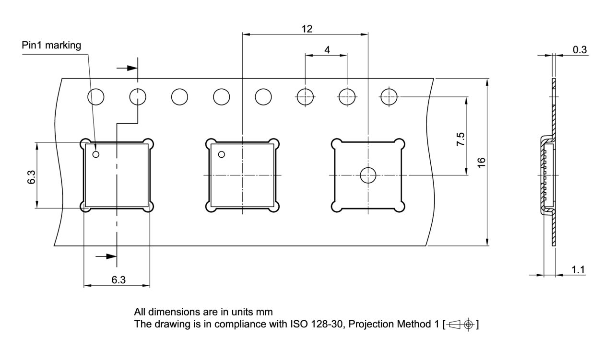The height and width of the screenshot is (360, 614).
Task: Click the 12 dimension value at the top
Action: (x=307, y=29)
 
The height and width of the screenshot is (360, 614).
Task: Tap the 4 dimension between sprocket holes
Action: (x=327, y=49)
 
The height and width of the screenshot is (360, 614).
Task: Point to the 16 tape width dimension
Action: (x=482, y=162)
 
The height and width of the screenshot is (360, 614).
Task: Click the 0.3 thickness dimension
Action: (x=580, y=50)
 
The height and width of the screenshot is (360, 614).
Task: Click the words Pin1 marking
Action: (x=52, y=46)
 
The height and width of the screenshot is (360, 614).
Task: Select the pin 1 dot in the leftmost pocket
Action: (x=96, y=154)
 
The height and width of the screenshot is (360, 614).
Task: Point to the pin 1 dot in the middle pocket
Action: (x=222, y=154)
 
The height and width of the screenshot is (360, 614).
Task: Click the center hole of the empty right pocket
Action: (x=368, y=175)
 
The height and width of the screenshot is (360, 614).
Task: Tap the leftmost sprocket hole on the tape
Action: (x=95, y=97)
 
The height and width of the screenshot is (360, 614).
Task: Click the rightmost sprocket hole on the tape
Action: (x=389, y=97)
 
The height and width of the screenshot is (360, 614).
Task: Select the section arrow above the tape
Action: (x=127, y=68)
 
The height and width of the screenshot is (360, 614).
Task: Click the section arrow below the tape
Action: (x=106, y=256)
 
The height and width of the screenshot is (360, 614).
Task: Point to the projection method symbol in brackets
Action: (x=462, y=325)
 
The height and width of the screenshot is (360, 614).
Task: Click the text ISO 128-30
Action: (x=312, y=325)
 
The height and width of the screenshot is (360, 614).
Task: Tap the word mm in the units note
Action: (x=264, y=313)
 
